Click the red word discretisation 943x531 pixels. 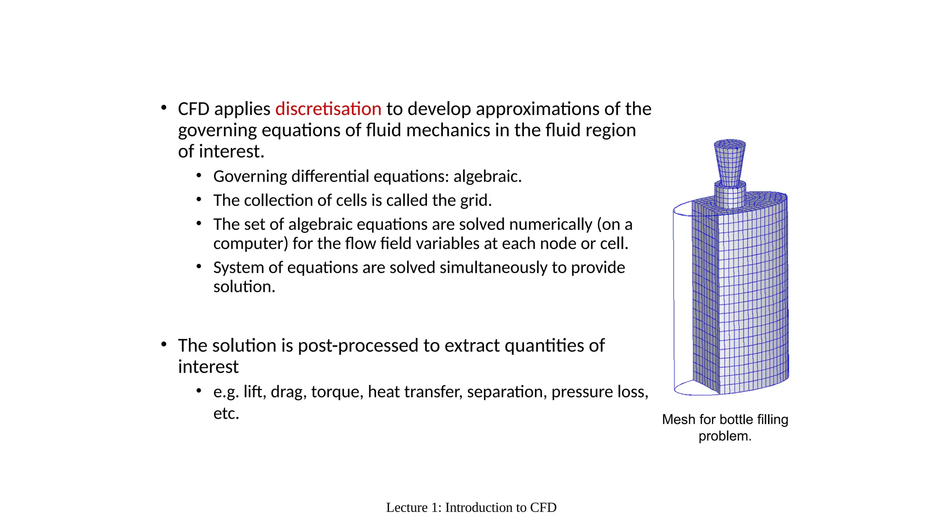328,109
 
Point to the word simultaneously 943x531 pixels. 494,268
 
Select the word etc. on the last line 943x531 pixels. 226,413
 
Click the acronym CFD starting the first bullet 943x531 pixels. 193,109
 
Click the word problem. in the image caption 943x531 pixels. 725,436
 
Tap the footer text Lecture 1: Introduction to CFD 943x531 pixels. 471,507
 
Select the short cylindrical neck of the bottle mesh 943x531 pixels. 730,195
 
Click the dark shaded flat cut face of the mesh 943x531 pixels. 705,295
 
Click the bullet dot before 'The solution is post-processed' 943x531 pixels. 163,345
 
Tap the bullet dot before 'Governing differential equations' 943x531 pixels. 199,176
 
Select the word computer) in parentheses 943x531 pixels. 250,244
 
